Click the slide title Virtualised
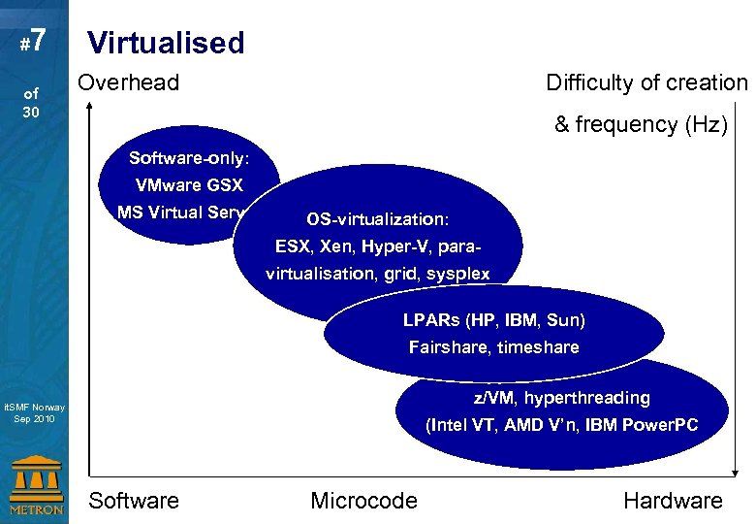(166, 43)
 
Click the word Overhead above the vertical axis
(129, 82)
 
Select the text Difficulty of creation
(646, 83)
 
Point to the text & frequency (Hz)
(640, 124)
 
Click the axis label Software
(134, 501)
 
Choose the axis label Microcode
(363, 501)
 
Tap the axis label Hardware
(673, 501)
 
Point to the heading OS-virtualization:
(378, 218)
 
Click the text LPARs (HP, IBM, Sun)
(494, 319)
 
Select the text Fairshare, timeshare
(494, 346)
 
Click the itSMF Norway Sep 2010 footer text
(34, 413)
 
